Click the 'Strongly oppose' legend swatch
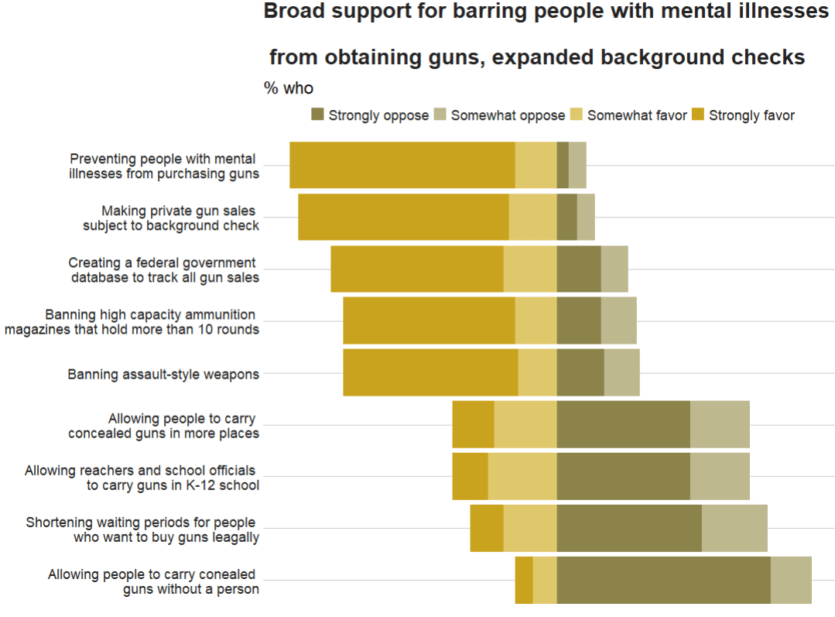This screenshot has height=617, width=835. tap(317, 115)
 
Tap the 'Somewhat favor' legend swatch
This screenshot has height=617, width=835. tap(577, 115)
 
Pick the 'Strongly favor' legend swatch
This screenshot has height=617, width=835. tap(698, 115)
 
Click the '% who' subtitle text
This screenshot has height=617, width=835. tap(289, 88)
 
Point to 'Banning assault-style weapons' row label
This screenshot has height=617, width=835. tap(163, 375)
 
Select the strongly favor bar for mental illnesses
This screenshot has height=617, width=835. tap(402, 165)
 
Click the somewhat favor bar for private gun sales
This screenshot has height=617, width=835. tap(532, 217)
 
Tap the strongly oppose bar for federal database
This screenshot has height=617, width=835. tap(579, 269)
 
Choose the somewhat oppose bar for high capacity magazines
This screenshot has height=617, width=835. tap(618, 320)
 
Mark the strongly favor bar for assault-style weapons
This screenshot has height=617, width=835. tap(430, 372)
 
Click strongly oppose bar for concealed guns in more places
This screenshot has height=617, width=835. tap(623, 424)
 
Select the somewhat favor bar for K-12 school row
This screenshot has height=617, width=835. tap(522, 476)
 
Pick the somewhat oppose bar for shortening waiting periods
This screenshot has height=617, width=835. tap(734, 528)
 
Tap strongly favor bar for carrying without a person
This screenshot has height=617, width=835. tap(524, 580)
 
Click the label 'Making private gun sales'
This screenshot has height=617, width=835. tap(178, 211)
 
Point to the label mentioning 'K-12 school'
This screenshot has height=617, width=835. tap(173, 485)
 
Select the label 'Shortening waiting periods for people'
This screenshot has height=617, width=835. tap(141, 523)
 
